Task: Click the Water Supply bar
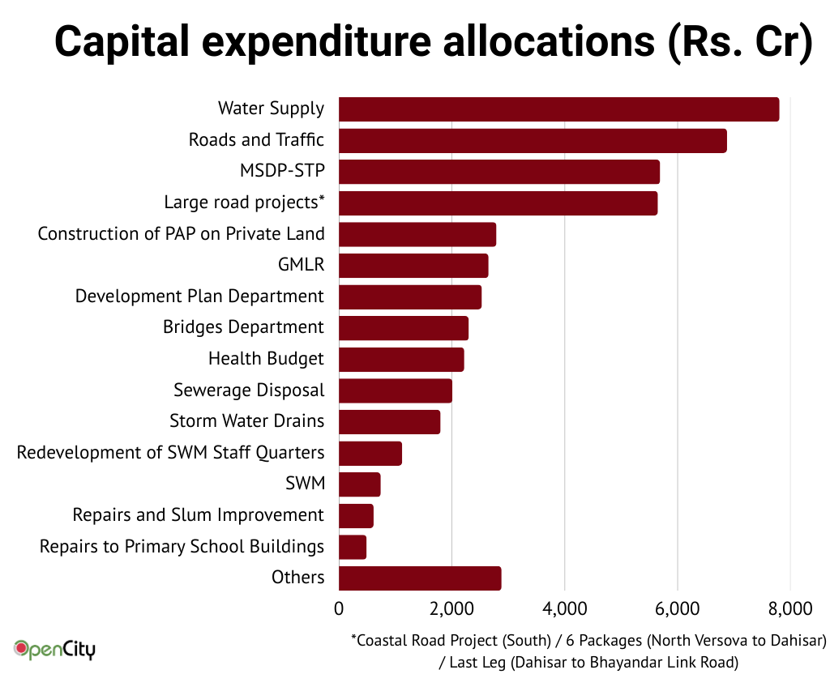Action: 558,109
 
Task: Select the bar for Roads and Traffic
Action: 533,140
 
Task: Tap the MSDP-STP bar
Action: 499,172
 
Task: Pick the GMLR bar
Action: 413,266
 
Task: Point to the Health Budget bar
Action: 401,359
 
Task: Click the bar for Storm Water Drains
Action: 389,421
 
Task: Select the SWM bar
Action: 359,484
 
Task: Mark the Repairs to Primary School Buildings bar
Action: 353,547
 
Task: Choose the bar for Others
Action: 420,578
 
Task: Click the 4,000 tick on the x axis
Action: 564,608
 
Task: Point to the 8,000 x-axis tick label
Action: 790,608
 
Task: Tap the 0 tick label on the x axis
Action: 339,608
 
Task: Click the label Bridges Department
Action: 243,327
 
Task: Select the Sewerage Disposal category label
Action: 249,390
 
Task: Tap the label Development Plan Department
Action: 199,296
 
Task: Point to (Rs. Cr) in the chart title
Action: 738,42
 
